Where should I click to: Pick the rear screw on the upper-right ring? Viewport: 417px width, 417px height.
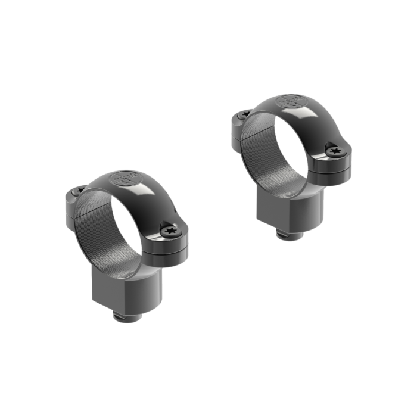tap(243, 113)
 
